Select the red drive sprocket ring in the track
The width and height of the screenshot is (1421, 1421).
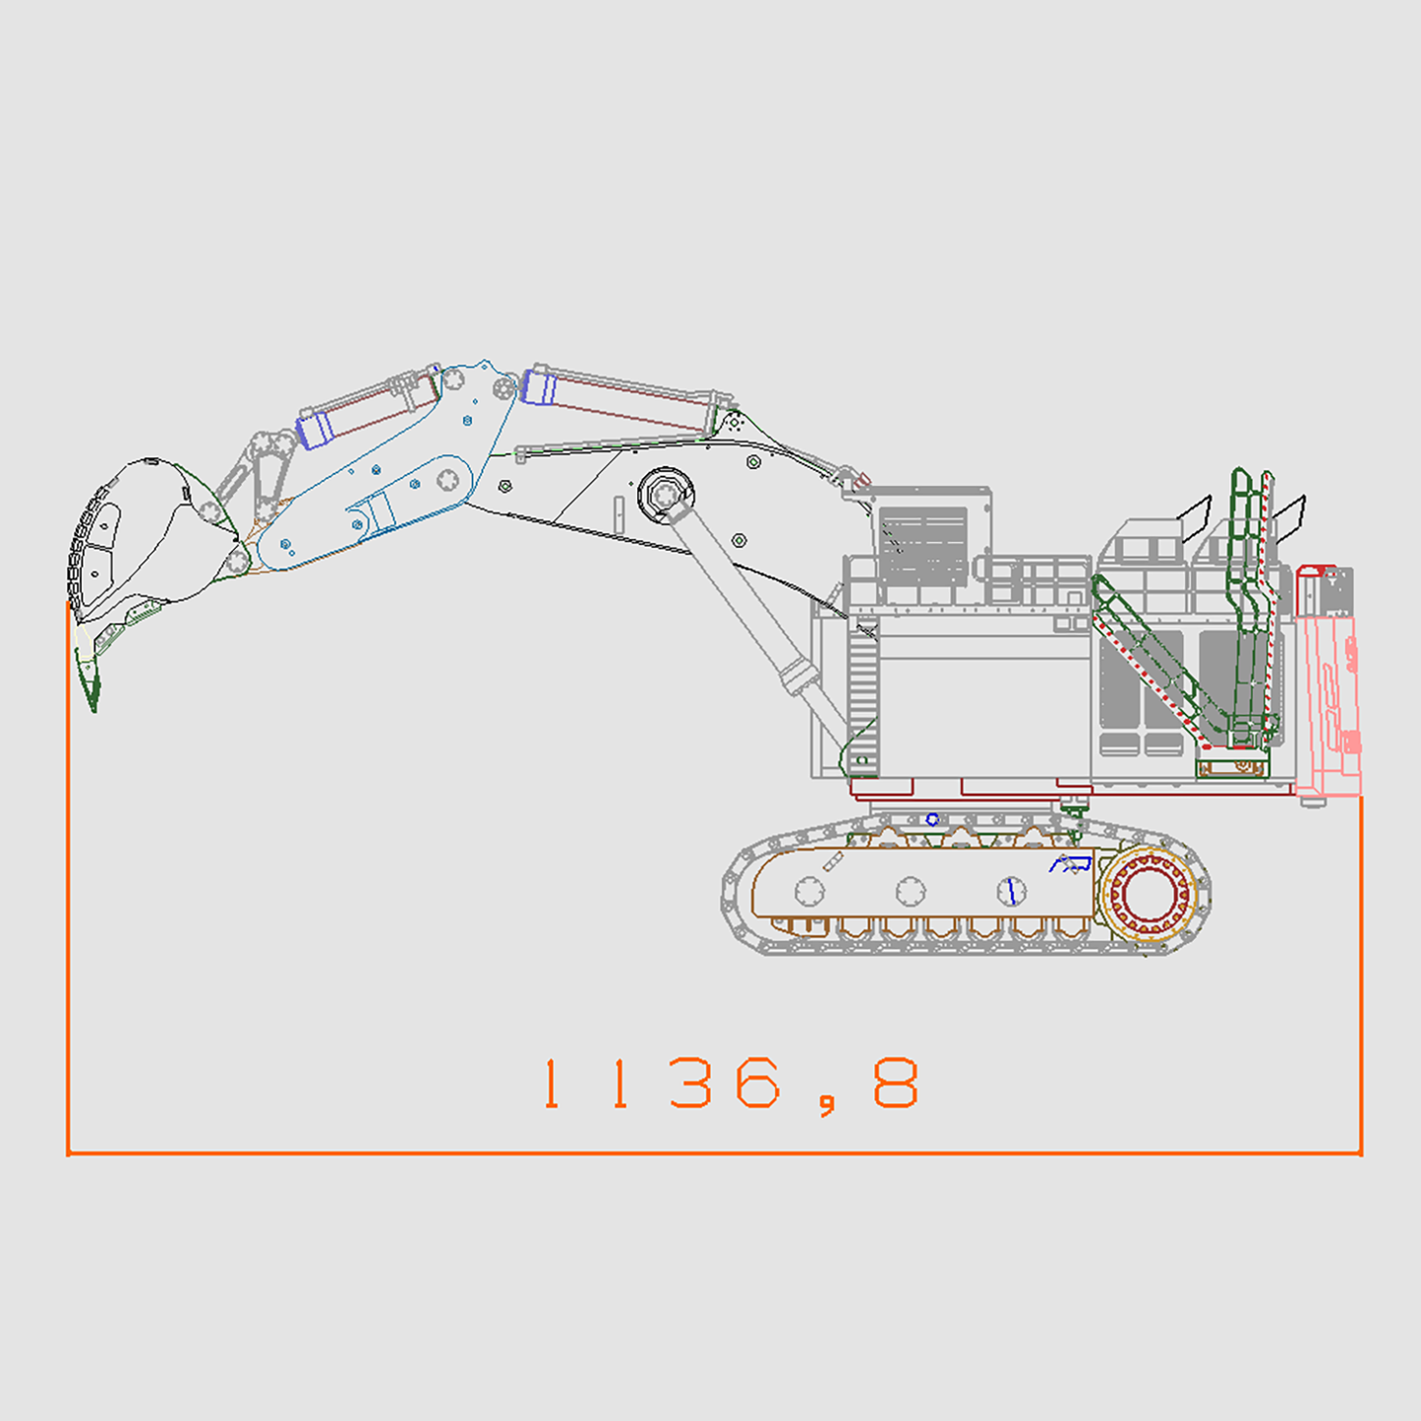click(x=1148, y=894)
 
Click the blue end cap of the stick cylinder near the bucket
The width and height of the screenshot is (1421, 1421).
click(x=314, y=429)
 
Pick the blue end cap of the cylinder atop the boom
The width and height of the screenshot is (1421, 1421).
click(x=539, y=385)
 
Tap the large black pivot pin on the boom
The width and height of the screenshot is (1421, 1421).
click(x=666, y=494)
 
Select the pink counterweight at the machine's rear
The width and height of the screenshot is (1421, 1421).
click(x=1329, y=688)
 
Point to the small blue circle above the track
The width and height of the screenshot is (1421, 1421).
click(x=932, y=819)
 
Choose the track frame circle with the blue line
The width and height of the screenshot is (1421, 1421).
click(x=1011, y=892)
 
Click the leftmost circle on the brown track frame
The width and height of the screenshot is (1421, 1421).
click(x=809, y=892)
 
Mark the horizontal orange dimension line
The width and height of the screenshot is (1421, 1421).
click(x=714, y=1153)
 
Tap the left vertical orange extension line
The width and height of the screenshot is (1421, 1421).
click(x=68, y=885)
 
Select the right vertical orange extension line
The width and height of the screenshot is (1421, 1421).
click(x=1361, y=974)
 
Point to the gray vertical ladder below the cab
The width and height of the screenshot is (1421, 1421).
click(x=862, y=698)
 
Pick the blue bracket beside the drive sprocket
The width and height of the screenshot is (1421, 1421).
click(x=1071, y=864)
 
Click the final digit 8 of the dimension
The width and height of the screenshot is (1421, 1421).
click(x=896, y=1084)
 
